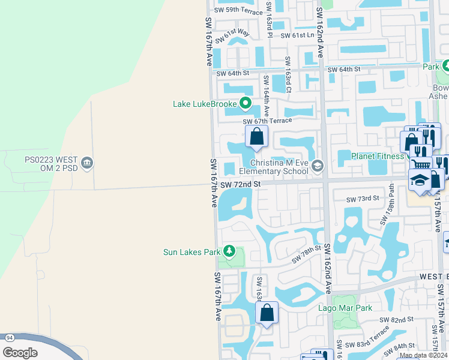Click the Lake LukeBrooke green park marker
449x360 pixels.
(x=245, y=104)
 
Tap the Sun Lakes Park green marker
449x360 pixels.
(x=228, y=251)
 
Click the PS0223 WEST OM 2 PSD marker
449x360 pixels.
(x=88, y=164)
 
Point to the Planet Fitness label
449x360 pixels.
(x=378, y=157)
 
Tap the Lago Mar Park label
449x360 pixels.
(x=345, y=308)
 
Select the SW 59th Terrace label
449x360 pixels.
(x=238, y=10)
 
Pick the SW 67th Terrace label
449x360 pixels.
(x=267, y=121)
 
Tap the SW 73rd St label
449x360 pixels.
(x=363, y=198)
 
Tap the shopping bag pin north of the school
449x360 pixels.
(x=256, y=137)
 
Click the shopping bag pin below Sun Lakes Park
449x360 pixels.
(x=267, y=313)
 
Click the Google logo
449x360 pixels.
(x=20, y=353)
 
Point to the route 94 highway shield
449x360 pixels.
(x=9, y=338)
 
